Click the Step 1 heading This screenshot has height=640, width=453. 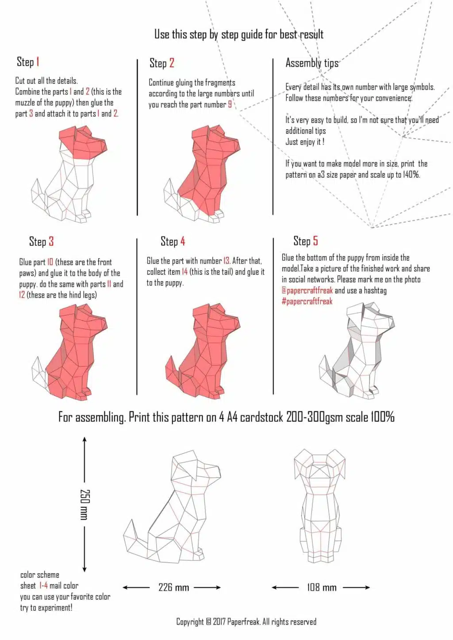(28, 62)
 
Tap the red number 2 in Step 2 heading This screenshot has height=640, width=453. (172, 63)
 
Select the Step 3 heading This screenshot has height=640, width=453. (41, 241)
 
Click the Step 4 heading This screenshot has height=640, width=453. (173, 241)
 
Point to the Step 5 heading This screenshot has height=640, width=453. (305, 241)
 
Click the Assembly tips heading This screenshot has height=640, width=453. (311, 63)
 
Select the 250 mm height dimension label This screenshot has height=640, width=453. (84, 504)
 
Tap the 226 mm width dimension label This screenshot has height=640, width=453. (173, 588)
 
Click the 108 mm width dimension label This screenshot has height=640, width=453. (322, 588)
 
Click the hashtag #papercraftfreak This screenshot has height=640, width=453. (307, 301)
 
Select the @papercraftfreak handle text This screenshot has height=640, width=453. (307, 290)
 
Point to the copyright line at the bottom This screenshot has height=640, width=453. (246, 622)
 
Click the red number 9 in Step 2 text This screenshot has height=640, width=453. (230, 105)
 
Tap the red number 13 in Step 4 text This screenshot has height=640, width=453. (226, 261)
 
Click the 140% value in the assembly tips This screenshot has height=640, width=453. (411, 175)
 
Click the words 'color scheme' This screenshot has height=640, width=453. (39, 575)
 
